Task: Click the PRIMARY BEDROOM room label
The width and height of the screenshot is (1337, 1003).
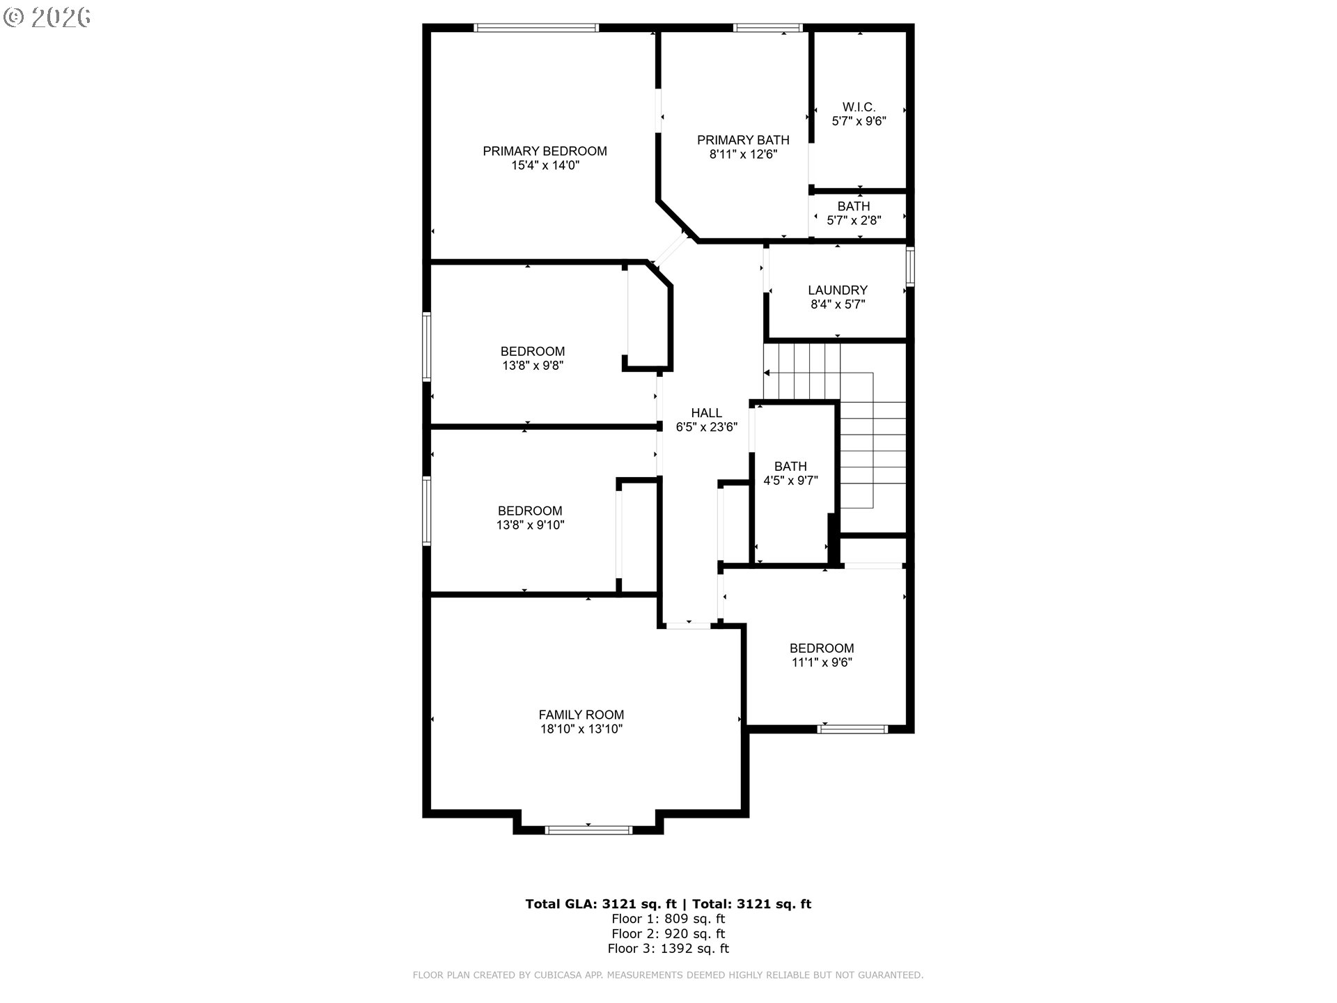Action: pyautogui.click(x=545, y=151)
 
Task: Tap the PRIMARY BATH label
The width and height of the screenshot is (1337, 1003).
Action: pyautogui.click(x=743, y=140)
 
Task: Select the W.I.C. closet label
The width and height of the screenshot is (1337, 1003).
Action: pyautogui.click(x=859, y=107)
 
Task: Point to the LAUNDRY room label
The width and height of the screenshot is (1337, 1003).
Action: pyautogui.click(x=838, y=290)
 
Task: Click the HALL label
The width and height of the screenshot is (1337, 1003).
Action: pyautogui.click(x=706, y=413)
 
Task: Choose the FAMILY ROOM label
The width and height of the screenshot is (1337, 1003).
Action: pyautogui.click(x=581, y=715)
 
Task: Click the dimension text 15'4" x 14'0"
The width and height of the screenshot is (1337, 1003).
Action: pyautogui.click(x=545, y=166)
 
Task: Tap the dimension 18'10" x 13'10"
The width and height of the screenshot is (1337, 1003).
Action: pyautogui.click(x=581, y=729)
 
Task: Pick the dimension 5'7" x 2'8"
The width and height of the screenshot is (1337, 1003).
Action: pyautogui.click(x=854, y=221)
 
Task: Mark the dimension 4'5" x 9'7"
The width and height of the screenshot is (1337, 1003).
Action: pyautogui.click(x=790, y=481)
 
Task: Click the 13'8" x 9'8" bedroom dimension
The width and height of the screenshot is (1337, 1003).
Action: pyautogui.click(x=532, y=366)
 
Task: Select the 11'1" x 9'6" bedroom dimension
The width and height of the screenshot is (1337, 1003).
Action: pyautogui.click(x=822, y=662)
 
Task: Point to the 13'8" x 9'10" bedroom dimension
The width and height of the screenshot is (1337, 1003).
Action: pyautogui.click(x=530, y=525)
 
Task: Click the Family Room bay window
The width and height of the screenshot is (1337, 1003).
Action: pyautogui.click(x=588, y=830)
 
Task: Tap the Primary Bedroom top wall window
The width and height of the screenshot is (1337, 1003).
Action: pyautogui.click(x=536, y=28)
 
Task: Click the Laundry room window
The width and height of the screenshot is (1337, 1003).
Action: pyautogui.click(x=910, y=266)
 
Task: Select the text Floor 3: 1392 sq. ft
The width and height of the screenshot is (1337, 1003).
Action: pyautogui.click(x=668, y=949)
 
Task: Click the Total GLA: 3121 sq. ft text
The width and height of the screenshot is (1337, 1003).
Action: pyautogui.click(x=600, y=904)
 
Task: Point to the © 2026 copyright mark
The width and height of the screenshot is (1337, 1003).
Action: pyautogui.click(x=47, y=17)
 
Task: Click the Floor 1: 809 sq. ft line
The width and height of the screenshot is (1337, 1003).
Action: pyautogui.click(x=668, y=919)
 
